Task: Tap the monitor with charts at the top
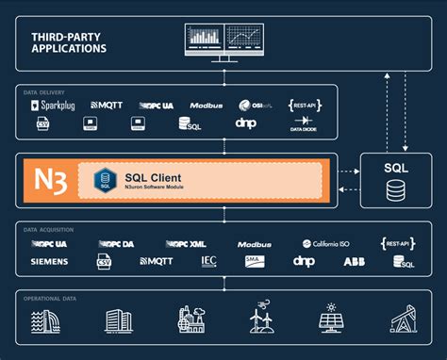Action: [224, 41]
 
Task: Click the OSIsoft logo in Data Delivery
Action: [251, 105]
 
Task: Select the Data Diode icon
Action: [306, 123]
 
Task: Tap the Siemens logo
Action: [49, 261]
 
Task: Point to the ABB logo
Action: [355, 261]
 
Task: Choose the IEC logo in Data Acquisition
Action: [209, 261]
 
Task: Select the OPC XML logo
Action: [186, 243]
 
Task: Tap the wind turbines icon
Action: [260, 320]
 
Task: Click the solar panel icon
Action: [330, 320]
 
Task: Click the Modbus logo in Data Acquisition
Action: [255, 243]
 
